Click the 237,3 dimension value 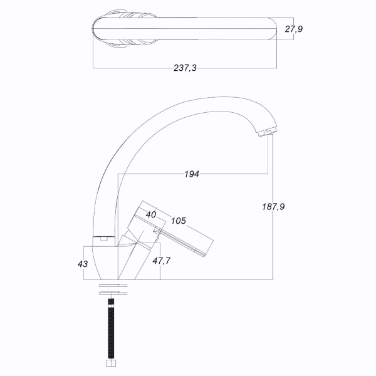[x=185, y=68]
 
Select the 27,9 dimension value [x=293, y=29]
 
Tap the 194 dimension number [x=192, y=174]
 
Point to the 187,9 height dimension [x=273, y=206]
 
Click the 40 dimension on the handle [x=151, y=214]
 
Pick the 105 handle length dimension [x=179, y=221]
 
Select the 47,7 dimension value [x=162, y=261]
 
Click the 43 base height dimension [x=83, y=264]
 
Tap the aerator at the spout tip [x=268, y=132]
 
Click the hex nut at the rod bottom [x=111, y=363]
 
